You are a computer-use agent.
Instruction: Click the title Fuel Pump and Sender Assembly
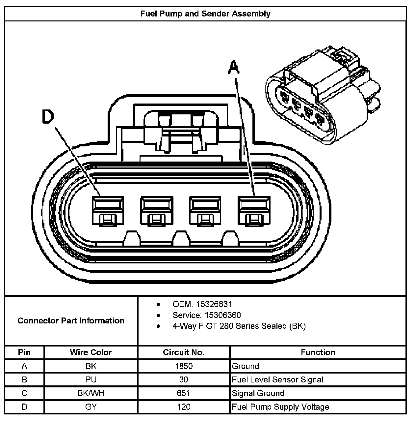tap(205, 14)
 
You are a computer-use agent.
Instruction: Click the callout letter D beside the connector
tap(48, 117)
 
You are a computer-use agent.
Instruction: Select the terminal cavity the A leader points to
tap(254, 211)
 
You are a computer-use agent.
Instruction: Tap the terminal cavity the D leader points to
tap(108, 211)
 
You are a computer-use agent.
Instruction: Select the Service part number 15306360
tap(222, 315)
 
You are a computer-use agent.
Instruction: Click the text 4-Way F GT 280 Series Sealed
tap(239, 326)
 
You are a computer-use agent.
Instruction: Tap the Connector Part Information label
tap(71, 321)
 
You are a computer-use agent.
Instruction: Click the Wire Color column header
tap(91, 352)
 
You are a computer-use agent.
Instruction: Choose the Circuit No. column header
tap(184, 352)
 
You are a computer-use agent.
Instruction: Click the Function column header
tap(318, 352)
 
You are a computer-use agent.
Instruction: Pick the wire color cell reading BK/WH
tap(91, 393)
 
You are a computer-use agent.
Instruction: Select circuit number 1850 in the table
tap(184, 366)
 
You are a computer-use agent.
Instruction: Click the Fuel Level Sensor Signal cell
tap(277, 380)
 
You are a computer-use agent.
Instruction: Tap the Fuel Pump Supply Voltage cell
tap(280, 407)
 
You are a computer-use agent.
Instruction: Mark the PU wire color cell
tap(91, 380)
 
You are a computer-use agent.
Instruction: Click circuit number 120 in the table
tap(184, 407)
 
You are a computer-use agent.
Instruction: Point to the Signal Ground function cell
tap(258, 393)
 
